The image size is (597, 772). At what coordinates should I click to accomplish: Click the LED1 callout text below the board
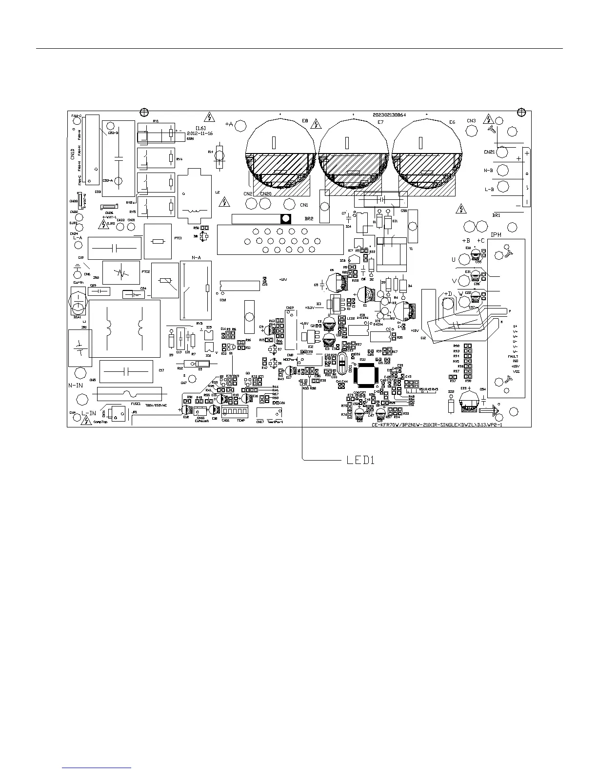(360, 460)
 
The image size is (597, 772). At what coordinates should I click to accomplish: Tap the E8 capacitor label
(305, 121)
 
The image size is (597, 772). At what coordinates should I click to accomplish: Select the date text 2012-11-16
(200, 133)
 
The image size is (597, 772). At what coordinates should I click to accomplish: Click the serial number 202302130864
(390, 115)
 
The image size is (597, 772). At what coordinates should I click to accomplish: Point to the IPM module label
(496, 235)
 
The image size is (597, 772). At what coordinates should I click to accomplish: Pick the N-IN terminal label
(76, 385)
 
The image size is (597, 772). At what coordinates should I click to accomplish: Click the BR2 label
(309, 219)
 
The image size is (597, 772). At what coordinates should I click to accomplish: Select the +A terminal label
(229, 124)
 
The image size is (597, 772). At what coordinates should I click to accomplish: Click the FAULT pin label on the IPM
(513, 356)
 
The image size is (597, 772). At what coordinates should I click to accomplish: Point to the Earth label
(78, 282)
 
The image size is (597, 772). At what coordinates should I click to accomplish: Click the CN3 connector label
(471, 121)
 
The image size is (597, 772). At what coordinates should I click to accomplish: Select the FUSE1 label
(136, 404)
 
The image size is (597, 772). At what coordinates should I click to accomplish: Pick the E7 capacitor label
(380, 122)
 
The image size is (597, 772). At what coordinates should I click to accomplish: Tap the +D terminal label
(448, 294)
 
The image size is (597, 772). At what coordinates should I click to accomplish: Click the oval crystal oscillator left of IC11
(341, 366)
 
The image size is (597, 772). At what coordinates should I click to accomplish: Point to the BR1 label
(497, 215)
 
